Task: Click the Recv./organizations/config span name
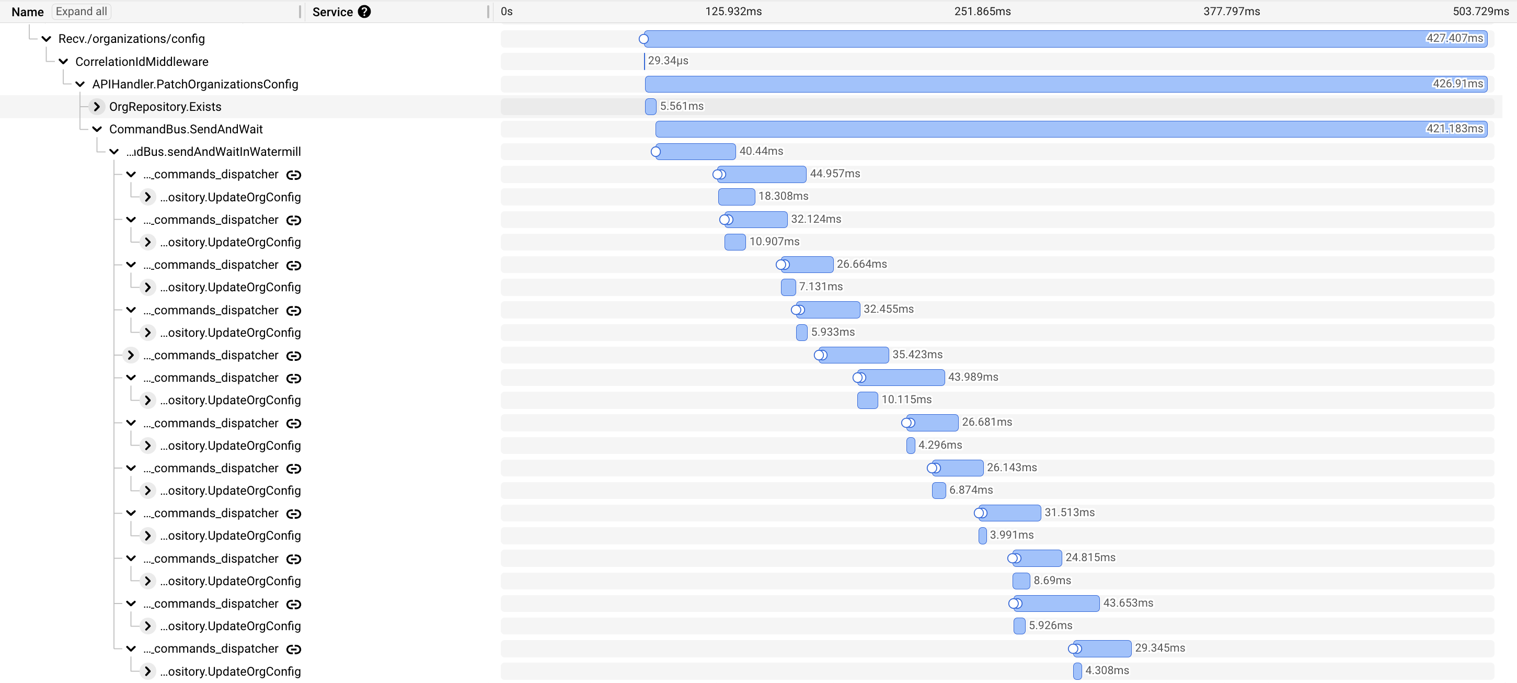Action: click(131, 39)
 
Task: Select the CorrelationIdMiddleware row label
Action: click(141, 62)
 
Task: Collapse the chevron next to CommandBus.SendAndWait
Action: click(97, 129)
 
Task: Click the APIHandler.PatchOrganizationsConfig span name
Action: click(195, 84)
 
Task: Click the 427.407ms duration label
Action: click(1454, 38)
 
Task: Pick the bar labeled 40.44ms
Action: click(695, 152)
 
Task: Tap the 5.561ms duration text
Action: click(681, 106)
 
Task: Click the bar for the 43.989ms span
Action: click(901, 377)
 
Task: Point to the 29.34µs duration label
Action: click(668, 61)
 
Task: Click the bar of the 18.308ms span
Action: click(736, 197)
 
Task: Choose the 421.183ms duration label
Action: click(1454, 129)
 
